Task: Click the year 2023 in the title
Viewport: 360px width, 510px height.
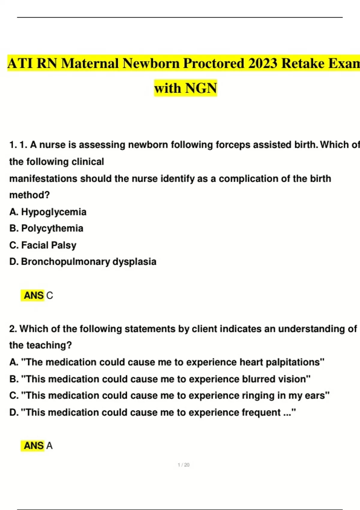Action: tap(263, 63)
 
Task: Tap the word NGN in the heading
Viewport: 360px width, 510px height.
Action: tap(201, 88)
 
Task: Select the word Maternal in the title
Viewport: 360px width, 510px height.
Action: tap(90, 63)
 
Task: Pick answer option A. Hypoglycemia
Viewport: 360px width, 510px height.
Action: tap(48, 212)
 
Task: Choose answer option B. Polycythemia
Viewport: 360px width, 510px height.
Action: tap(46, 228)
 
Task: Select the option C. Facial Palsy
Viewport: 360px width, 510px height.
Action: tap(43, 245)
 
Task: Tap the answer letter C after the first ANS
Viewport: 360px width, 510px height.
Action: tap(50, 296)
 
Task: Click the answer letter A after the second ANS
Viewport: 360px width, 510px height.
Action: tap(49, 446)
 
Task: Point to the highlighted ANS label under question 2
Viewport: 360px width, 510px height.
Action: tap(34, 446)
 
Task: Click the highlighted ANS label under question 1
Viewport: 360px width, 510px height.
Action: tap(34, 295)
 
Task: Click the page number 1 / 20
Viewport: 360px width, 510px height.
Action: tap(183, 465)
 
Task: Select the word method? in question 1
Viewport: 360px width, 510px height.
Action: tap(29, 195)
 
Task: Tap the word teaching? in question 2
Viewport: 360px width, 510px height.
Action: tap(49, 345)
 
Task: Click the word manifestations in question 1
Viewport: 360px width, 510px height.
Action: tap(43, 178)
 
